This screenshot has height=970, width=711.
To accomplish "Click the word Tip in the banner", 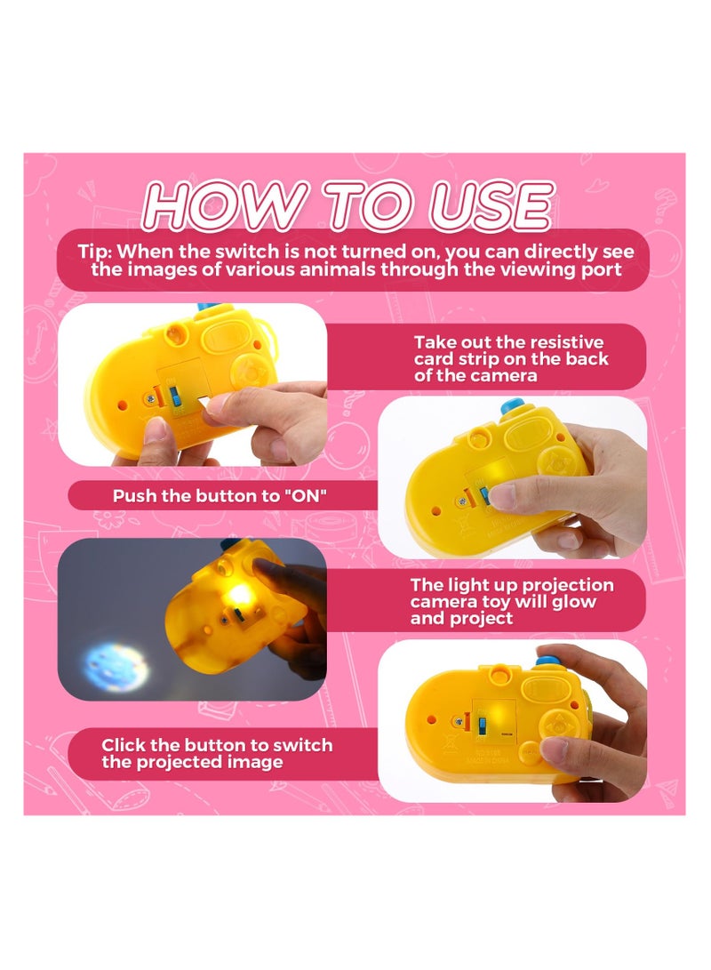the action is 93,253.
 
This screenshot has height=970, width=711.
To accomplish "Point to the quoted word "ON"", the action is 305,496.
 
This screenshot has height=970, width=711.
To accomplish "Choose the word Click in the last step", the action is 123,745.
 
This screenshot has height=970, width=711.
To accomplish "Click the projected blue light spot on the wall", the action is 116,666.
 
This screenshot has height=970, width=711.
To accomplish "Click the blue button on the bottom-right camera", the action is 548,660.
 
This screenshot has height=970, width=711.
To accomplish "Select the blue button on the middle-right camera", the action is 513,406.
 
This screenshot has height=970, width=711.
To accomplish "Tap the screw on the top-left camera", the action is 151,399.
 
